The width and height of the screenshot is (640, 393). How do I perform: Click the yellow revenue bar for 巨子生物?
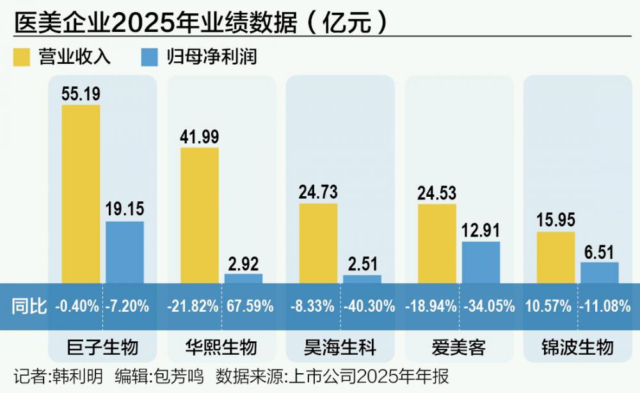pos(81,192)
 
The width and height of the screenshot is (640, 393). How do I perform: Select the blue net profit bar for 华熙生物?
pos(243,279)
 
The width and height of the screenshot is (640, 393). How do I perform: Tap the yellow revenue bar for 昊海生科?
pos(318,243)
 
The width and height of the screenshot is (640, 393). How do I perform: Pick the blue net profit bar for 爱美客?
pos(481,262)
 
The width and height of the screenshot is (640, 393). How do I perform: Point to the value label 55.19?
pos(81,94)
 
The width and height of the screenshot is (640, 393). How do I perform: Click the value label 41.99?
pos(200,137)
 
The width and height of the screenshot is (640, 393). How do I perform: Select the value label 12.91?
pos(481,231)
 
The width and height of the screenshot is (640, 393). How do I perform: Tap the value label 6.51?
pos(600,252)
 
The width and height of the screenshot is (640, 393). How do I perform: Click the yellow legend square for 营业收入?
pos(23,57)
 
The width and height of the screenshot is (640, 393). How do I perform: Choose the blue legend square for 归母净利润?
pos(148,57)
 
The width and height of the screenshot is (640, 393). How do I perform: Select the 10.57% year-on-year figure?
pos(548,306)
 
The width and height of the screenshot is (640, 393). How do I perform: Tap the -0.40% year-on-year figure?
pos(77,306)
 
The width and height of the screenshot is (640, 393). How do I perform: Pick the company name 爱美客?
pos(459,348)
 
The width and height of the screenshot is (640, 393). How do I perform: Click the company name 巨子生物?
pos(102,348)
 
